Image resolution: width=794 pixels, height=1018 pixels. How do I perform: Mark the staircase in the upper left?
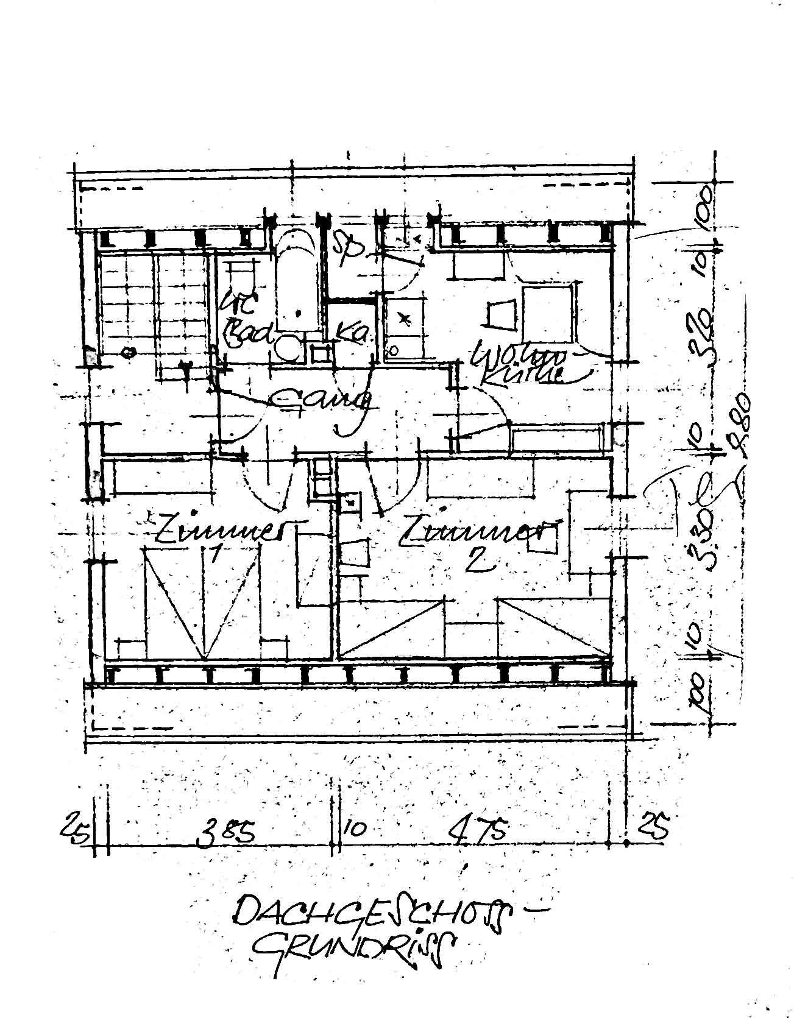[152, 305]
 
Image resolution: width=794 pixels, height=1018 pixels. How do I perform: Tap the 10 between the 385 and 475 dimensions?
[356, 830]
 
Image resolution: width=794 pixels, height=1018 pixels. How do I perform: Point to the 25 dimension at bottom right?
[653, 827]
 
